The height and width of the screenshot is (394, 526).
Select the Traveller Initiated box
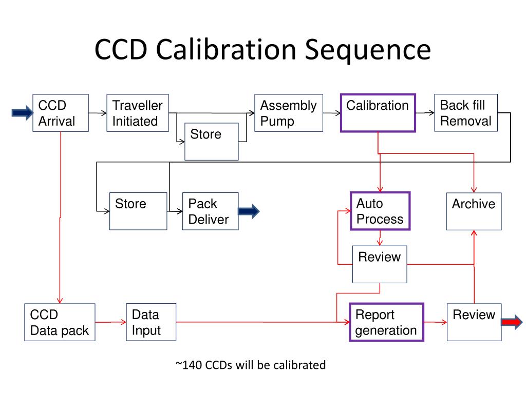pos(137,113)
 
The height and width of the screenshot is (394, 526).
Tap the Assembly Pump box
pos(288,113)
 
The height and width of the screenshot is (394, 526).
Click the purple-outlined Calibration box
pos(378,113)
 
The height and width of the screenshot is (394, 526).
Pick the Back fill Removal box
pos(466,113)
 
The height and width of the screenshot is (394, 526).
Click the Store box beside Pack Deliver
pos(138,211)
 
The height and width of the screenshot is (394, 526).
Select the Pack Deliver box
pos(210,211)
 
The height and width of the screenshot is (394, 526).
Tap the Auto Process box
pos(380,211)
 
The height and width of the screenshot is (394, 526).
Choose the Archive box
pos(474,211)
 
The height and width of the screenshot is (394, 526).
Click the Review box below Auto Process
pos(380,264)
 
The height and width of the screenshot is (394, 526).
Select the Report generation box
pos(386,322)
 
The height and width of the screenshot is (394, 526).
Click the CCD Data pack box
pos(60,322)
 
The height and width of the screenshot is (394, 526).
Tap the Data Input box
pos(151,322)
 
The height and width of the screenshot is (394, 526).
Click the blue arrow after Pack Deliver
pos(249,211)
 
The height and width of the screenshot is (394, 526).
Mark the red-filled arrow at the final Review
pos(512,322)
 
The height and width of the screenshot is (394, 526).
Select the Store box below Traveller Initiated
pos(212,141)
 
